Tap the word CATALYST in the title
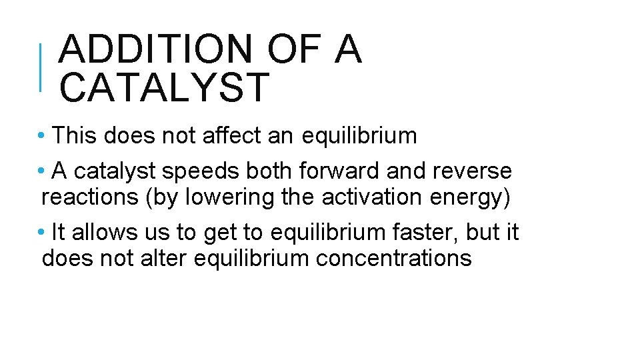tap(164, 87)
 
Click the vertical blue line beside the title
tap(41, 67)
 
